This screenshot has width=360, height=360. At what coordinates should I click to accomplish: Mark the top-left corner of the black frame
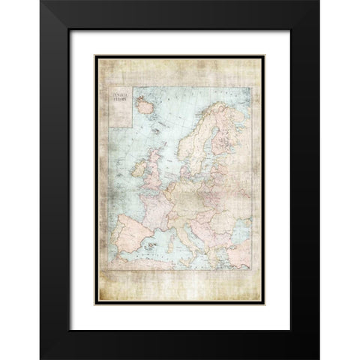coord(41,1)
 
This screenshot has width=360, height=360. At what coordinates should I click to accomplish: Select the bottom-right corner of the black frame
coord(318,358)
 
